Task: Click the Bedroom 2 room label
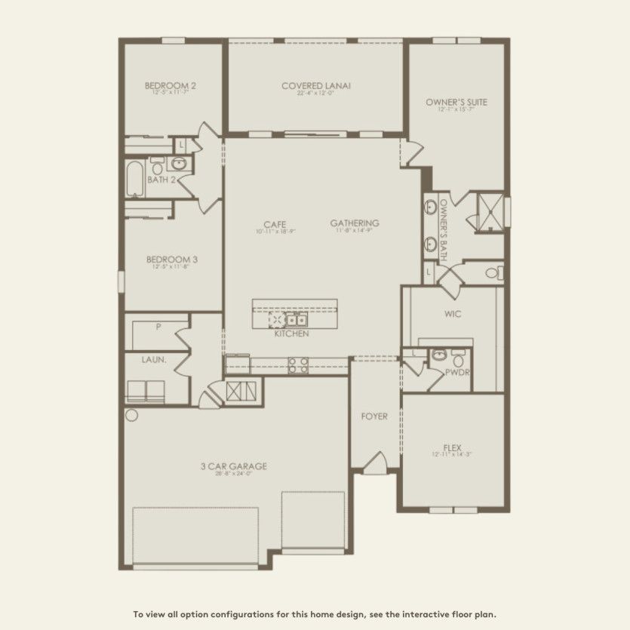point(171,86)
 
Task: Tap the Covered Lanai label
point(316,86)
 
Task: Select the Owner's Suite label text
point(456,102)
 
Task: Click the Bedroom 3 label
point(171,259)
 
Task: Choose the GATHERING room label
point(354,223)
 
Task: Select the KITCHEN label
point(291,333)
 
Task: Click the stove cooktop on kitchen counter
point(298,367)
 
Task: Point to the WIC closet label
point(453,312)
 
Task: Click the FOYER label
point(375,416)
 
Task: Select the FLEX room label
point(452,447)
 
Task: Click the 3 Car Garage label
point(233,466)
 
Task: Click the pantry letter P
point(158,327)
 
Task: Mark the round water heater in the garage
point(131,415)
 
